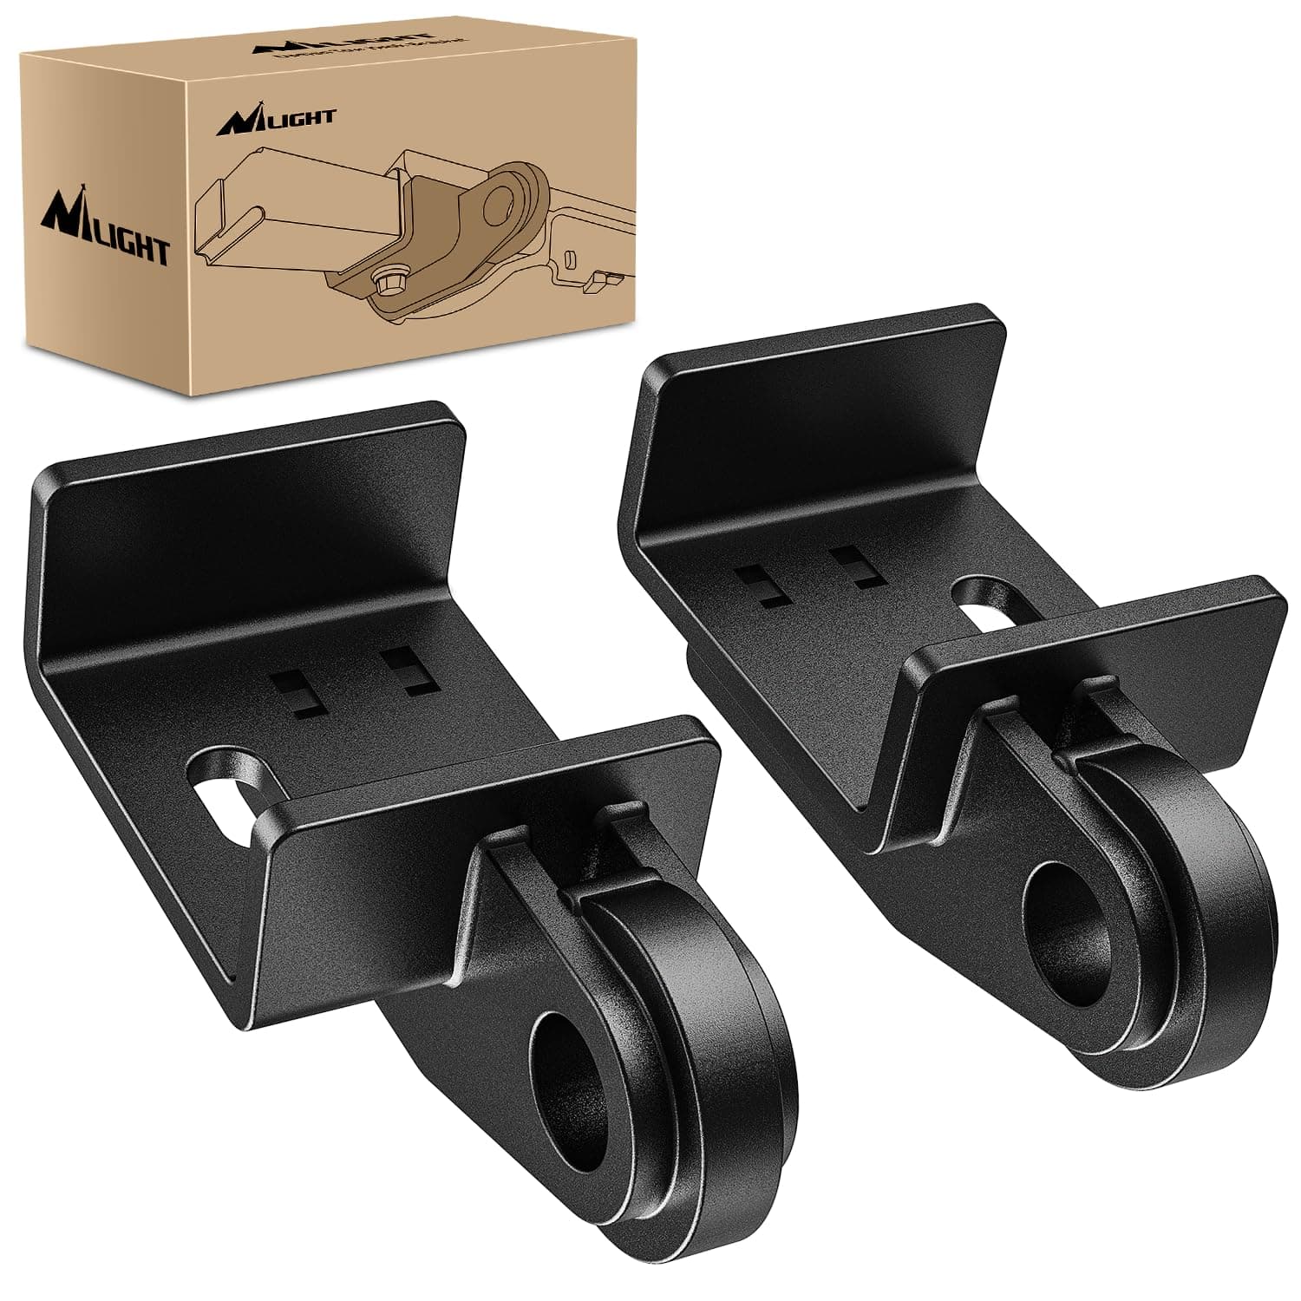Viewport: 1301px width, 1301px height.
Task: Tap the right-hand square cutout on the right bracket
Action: [855, 566]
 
